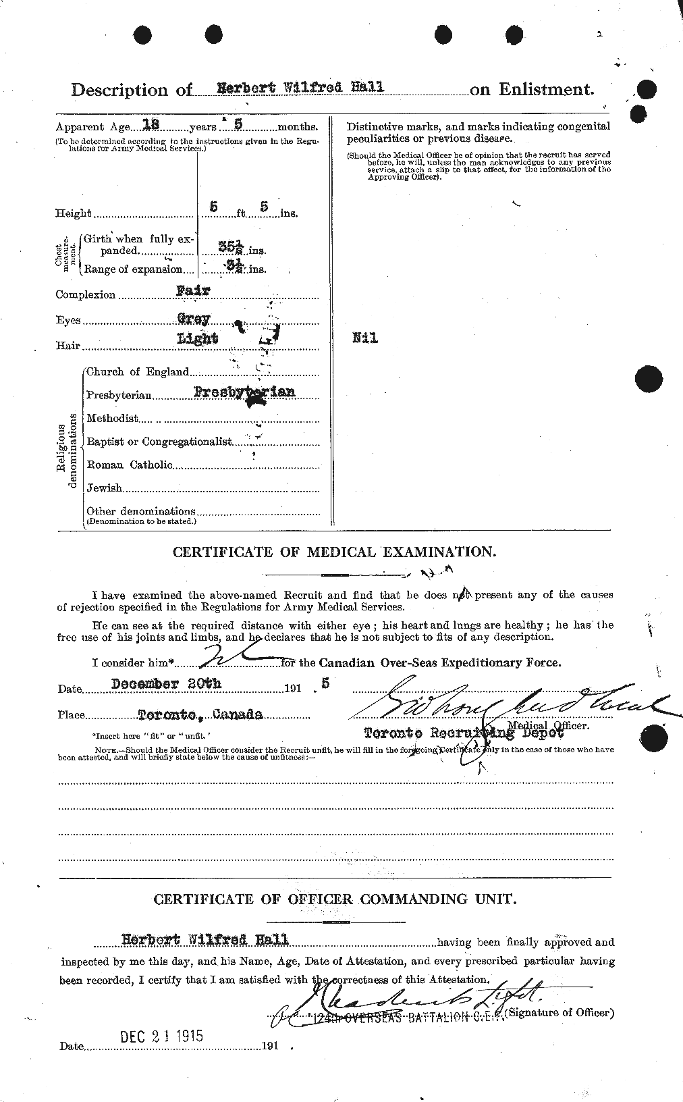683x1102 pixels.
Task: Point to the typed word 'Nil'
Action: tap(364, 338)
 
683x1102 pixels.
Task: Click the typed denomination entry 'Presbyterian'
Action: tap(244, 392)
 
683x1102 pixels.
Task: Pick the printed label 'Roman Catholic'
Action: tap(130, 465)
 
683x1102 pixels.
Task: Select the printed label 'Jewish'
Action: tap(105, 488)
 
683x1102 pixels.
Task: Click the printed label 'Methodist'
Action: tap(112, 419)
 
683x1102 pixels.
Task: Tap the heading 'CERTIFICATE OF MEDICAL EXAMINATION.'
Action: tap(334, 552)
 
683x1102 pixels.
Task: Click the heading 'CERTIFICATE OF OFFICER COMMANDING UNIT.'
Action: tap(334, 899)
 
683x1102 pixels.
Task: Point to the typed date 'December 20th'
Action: tap(166, 683)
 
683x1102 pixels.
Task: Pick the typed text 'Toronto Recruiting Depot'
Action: tap(464, 733)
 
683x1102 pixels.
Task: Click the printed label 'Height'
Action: tap(73, 213)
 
